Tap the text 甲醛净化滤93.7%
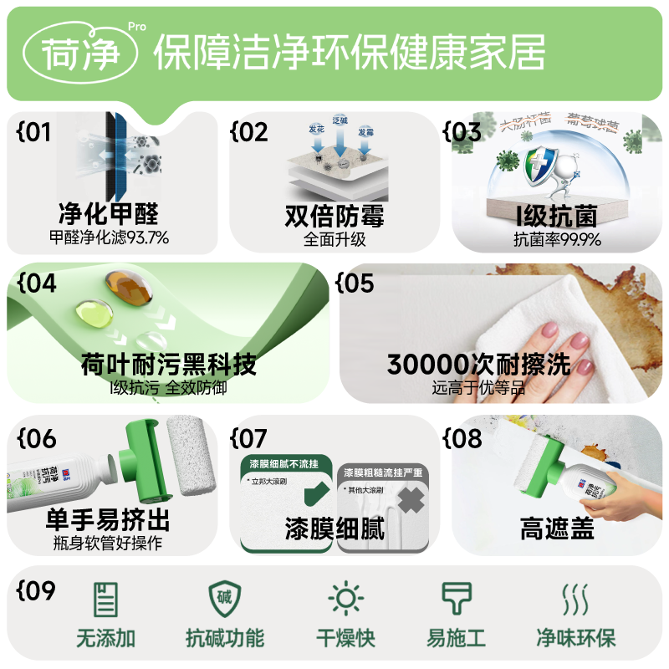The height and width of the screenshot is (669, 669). pyautogui.click(x=109, y=238)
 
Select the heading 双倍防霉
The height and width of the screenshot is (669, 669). pyautogui.click(x=334, y=217)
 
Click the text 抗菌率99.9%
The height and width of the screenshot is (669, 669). pyautogui.click(x=557, y=239)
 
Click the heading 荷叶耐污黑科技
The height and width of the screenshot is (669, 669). pyautogui.click(x=168, y=365)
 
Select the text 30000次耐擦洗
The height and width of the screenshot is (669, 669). pyautogui.click(x=478, y=365)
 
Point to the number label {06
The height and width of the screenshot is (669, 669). pyautogui.click(x=36, y=437)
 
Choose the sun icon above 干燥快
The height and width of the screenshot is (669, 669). pyautogui.click(x=345, y=600)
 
